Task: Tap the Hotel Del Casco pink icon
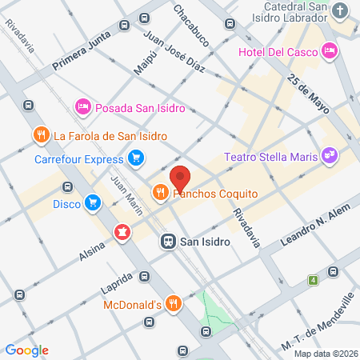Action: (x=330, y=51)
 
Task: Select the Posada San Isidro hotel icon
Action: (x=82, y=106)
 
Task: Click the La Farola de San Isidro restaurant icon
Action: (x=38, y=134)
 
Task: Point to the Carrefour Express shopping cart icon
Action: (x=137, y=158)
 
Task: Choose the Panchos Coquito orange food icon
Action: (x=160, y=192)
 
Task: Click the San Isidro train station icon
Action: (x=169, y=240)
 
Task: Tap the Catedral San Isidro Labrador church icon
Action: (x=341, y=11)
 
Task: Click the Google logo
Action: (x=27, y=350)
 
